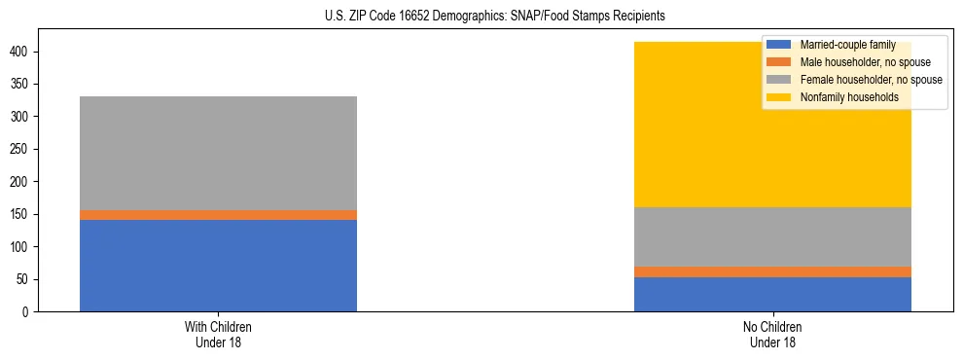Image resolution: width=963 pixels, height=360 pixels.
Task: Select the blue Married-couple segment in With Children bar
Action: [x=218, y=266]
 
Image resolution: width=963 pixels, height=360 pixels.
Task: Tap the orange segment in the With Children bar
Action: [x=218, y=215]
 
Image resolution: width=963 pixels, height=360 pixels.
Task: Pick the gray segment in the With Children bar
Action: [x=218, y=153]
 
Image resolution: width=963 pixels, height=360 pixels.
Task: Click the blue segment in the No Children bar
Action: [x=772, y=294]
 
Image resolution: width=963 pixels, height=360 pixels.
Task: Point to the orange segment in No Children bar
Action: [x=772, y=271]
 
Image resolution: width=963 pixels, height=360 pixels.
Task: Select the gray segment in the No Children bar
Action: [x=772, y=236]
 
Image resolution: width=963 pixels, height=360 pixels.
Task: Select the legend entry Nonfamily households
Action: [x=843, y=97]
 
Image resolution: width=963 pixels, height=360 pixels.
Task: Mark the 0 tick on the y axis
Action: [x=29, y=312]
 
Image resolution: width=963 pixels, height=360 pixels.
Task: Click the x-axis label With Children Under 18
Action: [x=218, y=335]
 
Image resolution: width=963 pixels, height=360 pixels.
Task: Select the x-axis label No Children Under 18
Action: [x=772, y=335]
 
